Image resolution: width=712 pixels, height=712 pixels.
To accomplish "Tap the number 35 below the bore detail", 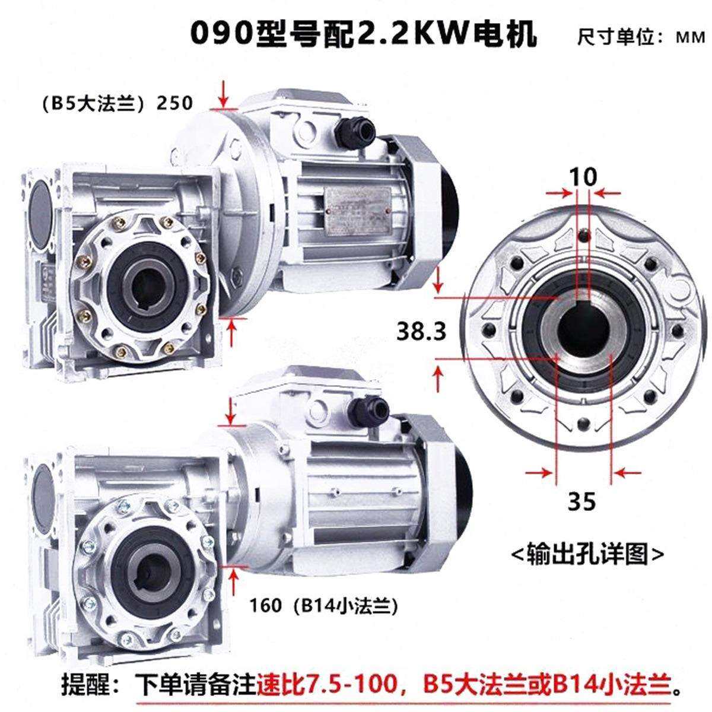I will (581, 501).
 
